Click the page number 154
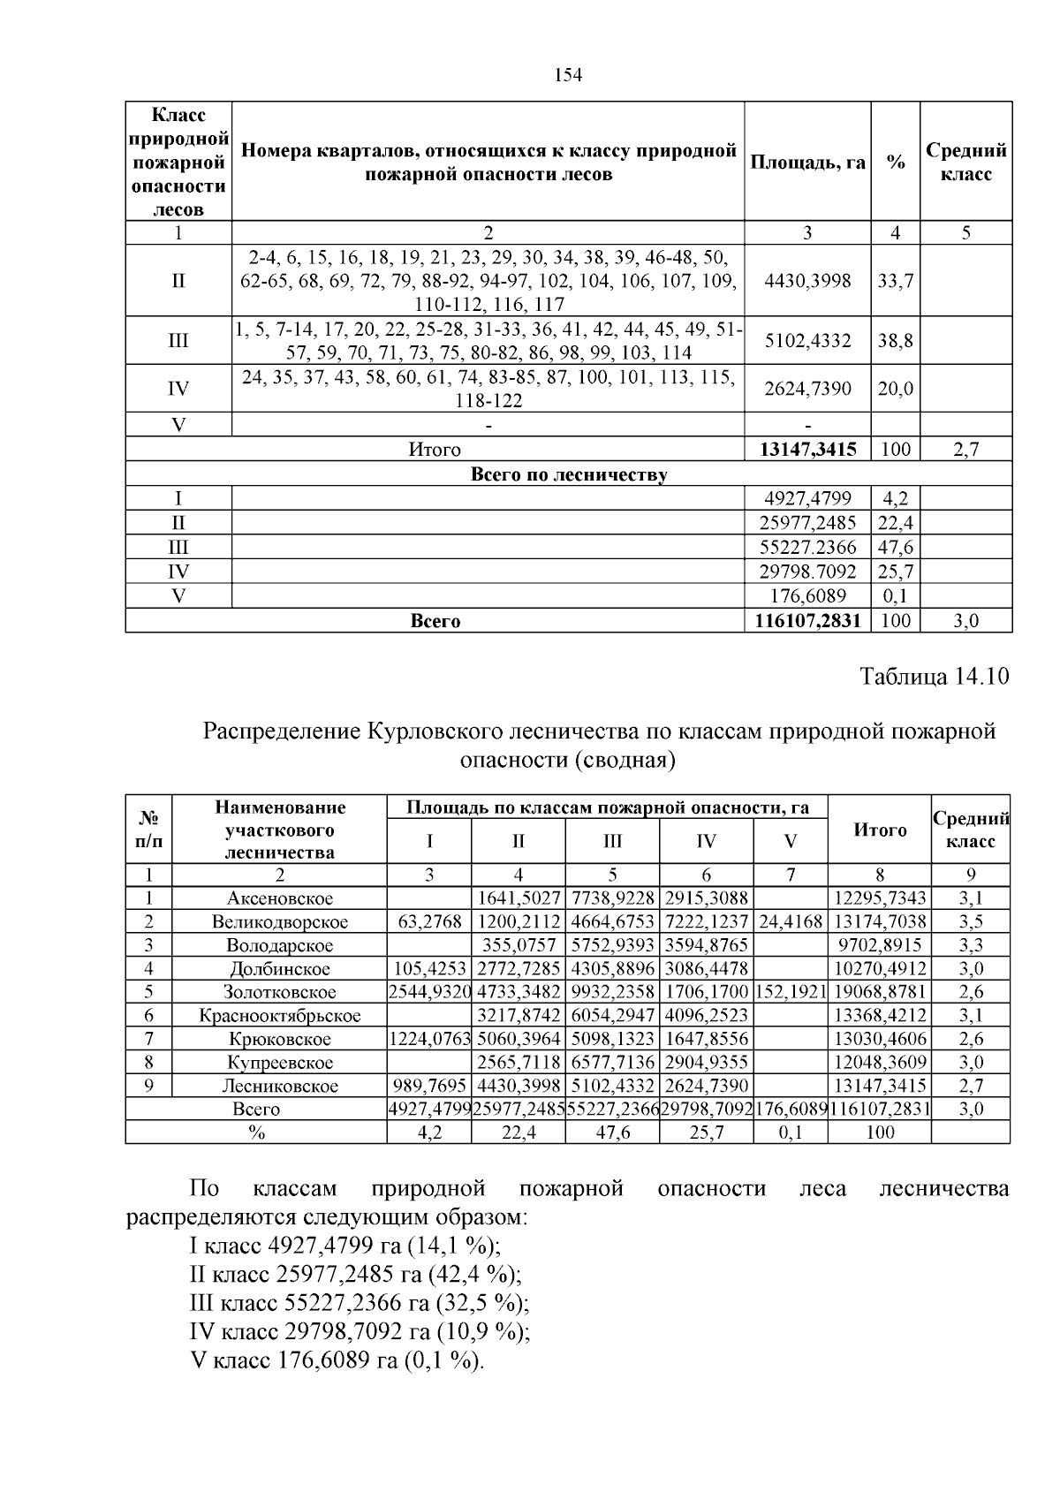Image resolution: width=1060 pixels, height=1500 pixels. point(568,76)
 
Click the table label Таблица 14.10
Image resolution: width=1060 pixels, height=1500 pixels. point(934,677)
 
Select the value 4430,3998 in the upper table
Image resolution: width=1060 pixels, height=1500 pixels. point(807,281)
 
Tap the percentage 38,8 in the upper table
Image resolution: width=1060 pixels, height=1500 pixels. point(895,340)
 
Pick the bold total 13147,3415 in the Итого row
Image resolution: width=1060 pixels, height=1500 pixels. point(807,450)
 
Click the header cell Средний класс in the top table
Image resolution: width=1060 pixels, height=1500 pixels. point(965,162)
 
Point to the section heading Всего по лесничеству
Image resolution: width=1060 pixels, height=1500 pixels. point(568,474)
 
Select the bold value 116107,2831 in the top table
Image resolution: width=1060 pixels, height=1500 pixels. point(807,621)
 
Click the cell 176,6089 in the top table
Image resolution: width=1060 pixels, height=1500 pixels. point(807,596)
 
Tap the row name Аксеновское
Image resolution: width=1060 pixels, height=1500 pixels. point(279,898)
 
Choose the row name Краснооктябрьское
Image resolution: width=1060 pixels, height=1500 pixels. point(279,1016)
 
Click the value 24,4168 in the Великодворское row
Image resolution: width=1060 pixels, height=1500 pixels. point(791,922)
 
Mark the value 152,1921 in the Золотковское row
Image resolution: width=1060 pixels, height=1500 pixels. point(791,992)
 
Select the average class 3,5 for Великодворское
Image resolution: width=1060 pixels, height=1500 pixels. point(970,922)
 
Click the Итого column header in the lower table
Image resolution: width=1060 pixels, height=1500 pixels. point(880,830)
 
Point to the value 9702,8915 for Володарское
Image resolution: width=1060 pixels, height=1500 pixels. point(880,945)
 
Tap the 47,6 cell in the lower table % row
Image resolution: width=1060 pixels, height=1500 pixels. point(612,1133)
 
